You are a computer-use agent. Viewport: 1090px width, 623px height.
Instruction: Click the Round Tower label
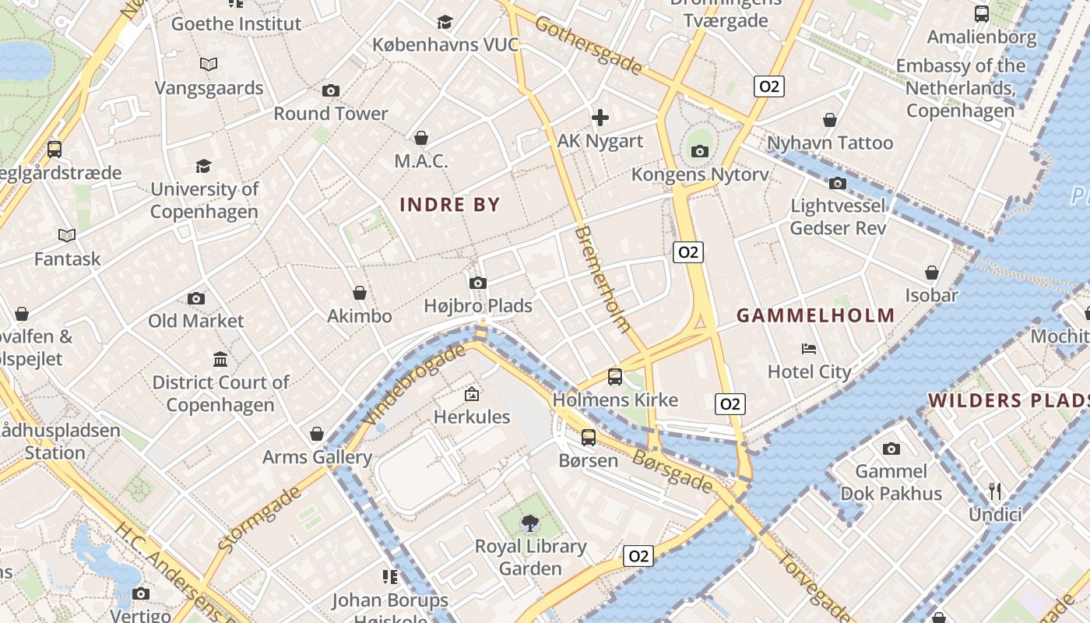[x=330, y=114]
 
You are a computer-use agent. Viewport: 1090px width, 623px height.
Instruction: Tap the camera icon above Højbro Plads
[x=478, y=283]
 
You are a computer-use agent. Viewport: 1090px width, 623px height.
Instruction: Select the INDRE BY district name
[x=449, y=205]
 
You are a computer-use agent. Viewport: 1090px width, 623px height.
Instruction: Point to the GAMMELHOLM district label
[x=815, y=315]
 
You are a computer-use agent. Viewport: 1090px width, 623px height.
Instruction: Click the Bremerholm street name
[x=603, y=280]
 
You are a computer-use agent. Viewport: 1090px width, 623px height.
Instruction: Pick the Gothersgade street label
[x=589, y=45]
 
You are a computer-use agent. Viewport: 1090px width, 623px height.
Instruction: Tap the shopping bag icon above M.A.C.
[x=421, y=138]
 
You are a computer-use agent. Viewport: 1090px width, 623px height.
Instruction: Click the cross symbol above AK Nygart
[x=600, y=118]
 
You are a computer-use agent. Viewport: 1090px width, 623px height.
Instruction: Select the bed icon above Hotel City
[x=809, y=349]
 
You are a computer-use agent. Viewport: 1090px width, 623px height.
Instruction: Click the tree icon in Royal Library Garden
[x=530, y=523]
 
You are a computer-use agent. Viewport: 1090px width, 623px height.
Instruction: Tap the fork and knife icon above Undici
[x=995, y=491]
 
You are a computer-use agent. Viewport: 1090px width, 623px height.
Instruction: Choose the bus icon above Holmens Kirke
[x=615, y=377]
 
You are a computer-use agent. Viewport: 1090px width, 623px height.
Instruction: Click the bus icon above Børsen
[x=589, y=437]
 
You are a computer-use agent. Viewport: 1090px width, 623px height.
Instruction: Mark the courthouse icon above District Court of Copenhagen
[x=220, y=360]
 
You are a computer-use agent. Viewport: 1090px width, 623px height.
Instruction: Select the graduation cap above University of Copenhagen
[x=204, y=166]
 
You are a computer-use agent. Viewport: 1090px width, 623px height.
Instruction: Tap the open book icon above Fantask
[x=67, y=235]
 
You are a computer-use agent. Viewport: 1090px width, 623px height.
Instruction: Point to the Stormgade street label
[x=259, y=519]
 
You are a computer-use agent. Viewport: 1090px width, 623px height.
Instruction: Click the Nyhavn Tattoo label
[x=830, y=143]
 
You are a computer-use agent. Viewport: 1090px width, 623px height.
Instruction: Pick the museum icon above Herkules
[x=472, y=394]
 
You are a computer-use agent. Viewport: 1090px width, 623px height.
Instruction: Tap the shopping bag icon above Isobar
[x=932, y=273]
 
